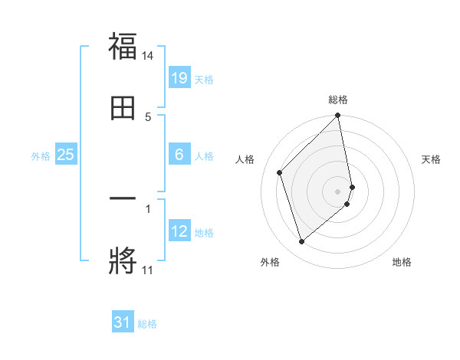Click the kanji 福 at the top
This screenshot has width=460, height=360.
123,47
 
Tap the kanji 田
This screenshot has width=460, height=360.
123,109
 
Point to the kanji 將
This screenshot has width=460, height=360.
123,260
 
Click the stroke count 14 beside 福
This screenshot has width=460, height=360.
148,56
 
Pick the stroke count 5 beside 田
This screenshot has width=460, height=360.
148,116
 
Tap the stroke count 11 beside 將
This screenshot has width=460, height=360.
147,270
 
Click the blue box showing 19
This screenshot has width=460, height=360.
179,78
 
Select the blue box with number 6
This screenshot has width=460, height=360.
179,155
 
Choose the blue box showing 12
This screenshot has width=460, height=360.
179,231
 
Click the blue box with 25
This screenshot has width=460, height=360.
66,155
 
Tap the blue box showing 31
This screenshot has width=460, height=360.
123,322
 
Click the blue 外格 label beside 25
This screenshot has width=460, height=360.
41,156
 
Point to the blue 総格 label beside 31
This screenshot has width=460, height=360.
147,324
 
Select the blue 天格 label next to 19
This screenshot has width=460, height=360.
204,80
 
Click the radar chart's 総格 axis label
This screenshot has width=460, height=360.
338,100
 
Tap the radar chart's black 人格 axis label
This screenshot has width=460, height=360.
245,159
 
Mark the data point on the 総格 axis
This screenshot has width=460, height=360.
338,116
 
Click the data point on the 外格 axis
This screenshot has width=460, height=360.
302,241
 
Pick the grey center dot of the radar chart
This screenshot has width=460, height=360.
338,191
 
